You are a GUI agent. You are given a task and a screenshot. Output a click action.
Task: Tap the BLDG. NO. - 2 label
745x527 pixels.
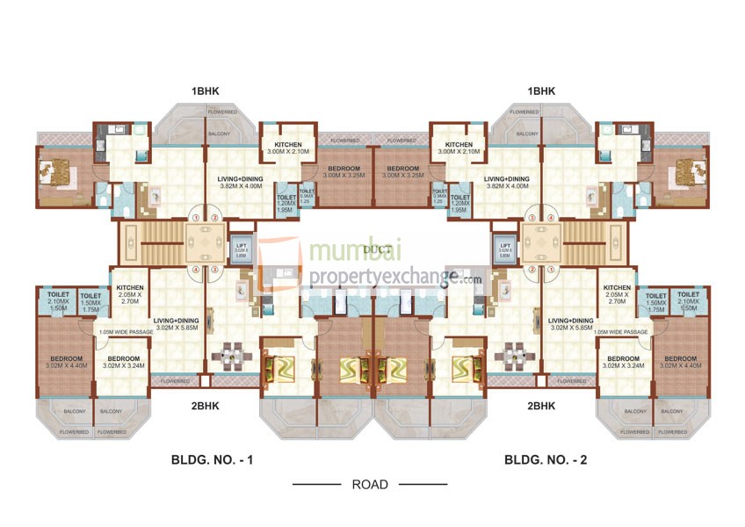pos(546,459)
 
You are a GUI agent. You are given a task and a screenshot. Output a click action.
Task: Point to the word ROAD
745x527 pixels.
pos(370,484)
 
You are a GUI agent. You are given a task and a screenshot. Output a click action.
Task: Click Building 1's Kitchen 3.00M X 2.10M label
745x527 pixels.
pos(288,148)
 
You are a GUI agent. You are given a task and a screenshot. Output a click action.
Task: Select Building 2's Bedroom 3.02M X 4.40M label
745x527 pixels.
pos(681,363)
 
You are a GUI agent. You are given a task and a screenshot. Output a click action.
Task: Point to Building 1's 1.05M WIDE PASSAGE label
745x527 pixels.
pos(125,332)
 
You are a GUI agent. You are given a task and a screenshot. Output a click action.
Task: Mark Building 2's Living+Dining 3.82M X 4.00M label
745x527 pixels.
pos(506,182)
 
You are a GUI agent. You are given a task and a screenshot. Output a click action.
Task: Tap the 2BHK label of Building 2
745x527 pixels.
pos(542,406)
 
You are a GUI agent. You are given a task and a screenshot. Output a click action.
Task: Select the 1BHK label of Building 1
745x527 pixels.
pos(206,91)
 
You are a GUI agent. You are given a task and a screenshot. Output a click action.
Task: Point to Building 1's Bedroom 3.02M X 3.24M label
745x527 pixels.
pos(124,363)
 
